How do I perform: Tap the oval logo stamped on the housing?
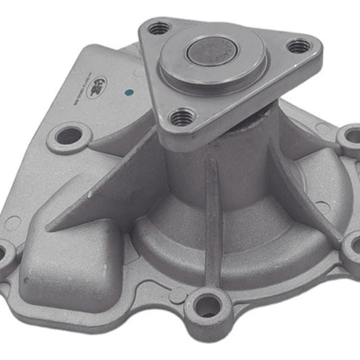[97, 87]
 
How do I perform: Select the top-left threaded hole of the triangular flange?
[159, 29]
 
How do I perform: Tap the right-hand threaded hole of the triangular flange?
[298, 47]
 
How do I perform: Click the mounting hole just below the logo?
[69, 136]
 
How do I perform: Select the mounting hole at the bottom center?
[207, 306]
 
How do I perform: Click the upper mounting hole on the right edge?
[352, 136]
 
